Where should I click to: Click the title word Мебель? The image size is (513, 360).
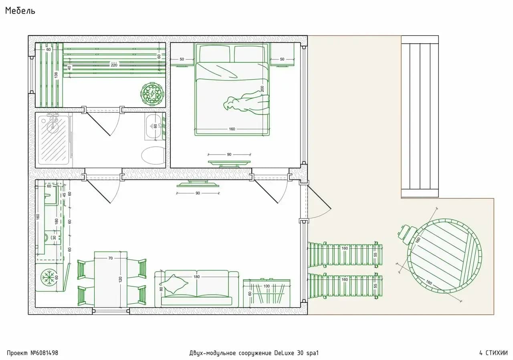pos(20,11)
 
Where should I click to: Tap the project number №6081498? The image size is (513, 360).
pos(44,353)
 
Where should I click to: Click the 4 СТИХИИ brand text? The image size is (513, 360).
pos(493,353)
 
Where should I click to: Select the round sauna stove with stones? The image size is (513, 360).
pos(152,94)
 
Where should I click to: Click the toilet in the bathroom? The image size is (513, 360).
pos(153,156)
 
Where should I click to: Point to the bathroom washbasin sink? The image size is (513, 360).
pos(154,126)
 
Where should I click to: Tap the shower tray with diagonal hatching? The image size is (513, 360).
pos(54,140)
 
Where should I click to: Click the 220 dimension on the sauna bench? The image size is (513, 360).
pos(114,65)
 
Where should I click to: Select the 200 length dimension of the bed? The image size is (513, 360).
pos(262,88)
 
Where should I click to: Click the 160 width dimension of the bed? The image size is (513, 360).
pos(232,129)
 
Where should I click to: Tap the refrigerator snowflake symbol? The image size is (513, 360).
pos(48,278)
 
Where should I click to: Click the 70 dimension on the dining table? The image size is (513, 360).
pos(110,258)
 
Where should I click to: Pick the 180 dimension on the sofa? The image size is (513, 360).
pos(197,277)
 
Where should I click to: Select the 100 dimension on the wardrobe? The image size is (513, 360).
pos(267,286)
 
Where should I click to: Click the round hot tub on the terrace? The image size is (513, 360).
pos(445,256)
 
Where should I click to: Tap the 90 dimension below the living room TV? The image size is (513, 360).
pos(198,193)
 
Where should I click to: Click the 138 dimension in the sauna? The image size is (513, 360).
pos(56,75)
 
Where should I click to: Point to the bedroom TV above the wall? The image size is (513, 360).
pos(229,163)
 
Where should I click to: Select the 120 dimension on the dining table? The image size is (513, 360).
pos(121,279)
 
